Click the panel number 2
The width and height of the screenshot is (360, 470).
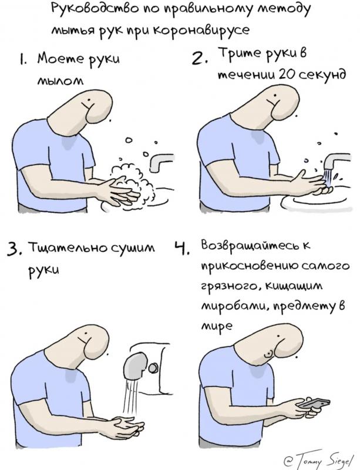point(197,58)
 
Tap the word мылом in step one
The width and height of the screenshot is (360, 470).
point(60,80)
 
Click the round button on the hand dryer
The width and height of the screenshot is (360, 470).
point(154,368)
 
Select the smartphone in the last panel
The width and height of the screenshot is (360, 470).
point(314,403)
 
